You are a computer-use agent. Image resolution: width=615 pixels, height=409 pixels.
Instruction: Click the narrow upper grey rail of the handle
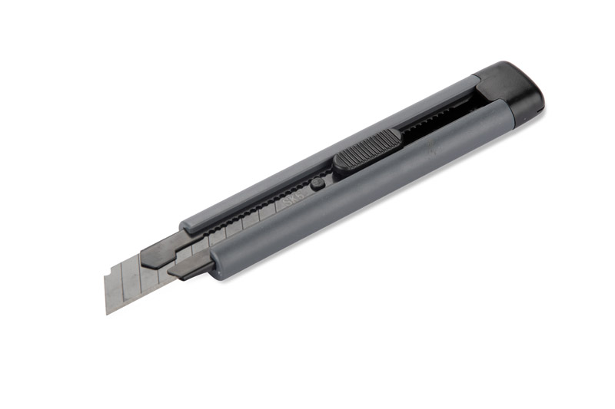[x=323, y=153]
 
